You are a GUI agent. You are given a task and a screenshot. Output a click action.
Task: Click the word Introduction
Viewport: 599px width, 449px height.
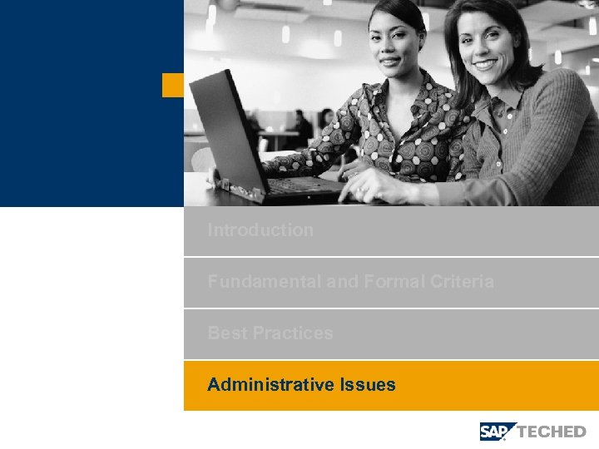point(260,230)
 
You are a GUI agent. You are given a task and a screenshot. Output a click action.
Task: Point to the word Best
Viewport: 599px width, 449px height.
point(227,333)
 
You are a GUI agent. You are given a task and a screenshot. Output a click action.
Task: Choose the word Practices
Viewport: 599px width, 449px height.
point(292,333)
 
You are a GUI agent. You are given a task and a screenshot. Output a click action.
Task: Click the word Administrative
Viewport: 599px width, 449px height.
point(271,385)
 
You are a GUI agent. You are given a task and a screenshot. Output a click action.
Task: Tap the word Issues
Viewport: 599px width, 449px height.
point(368,385)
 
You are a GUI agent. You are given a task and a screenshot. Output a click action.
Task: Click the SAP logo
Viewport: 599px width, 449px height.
point(498,431)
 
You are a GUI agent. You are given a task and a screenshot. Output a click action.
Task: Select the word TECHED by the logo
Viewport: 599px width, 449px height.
point(552,432)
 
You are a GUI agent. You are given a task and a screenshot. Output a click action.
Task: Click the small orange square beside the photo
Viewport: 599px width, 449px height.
point(172,85)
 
